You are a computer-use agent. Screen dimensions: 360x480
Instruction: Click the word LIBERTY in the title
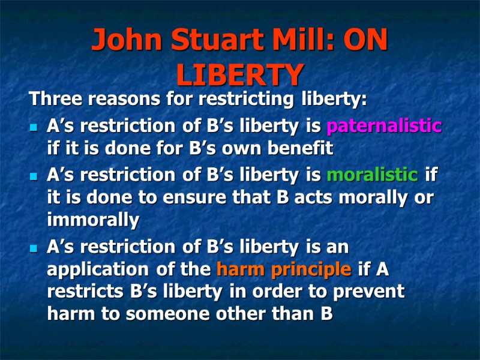[239, 74]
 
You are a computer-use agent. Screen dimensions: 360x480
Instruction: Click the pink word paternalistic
[384, 127]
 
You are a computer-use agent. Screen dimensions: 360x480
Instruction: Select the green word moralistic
[372, 175]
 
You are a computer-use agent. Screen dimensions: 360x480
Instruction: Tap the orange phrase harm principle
[284, 270]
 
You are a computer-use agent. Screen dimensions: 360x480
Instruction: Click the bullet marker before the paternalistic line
[34, 128]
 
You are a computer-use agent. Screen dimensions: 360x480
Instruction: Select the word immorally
[93, 221]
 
